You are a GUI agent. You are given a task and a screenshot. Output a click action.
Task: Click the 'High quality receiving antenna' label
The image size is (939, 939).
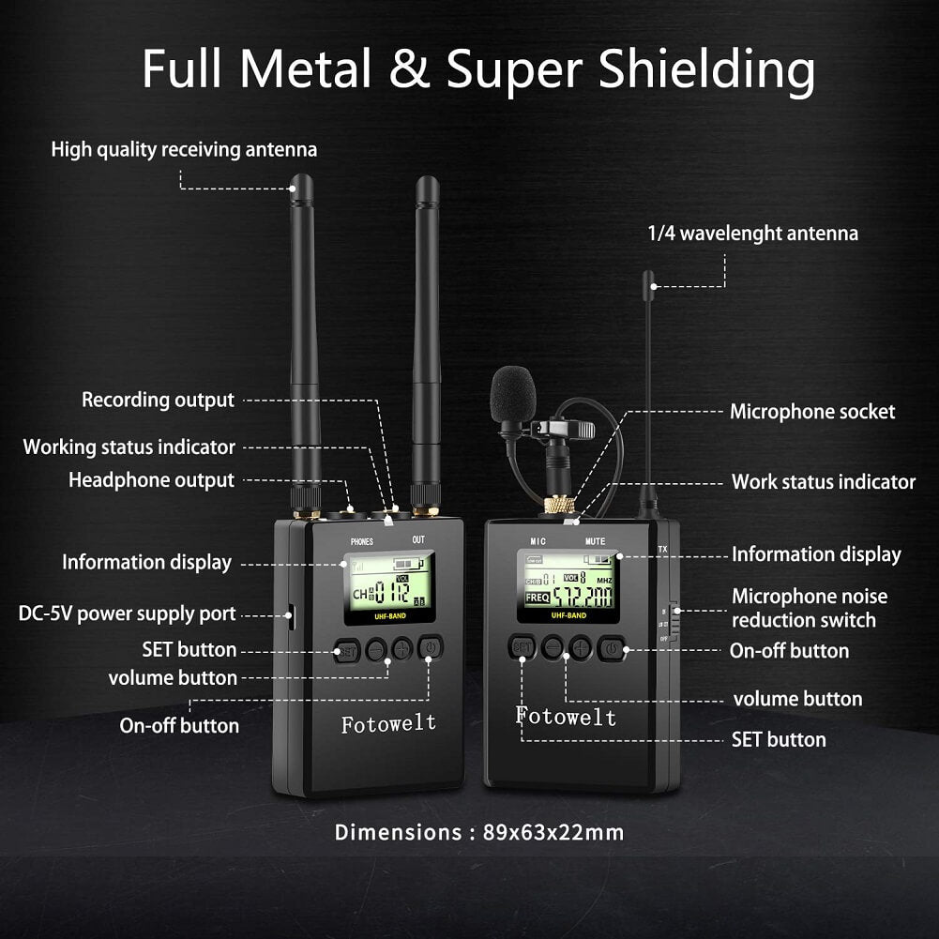coord(184,149)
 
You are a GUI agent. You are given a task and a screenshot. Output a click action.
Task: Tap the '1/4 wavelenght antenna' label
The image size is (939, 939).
coord(752,233)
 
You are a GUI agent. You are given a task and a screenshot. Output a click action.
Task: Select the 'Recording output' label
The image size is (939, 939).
coord(158,400)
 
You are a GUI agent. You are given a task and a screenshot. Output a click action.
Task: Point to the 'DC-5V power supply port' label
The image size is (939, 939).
coord(128,614)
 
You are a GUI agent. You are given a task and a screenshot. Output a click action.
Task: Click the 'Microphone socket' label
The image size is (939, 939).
coord(812,411)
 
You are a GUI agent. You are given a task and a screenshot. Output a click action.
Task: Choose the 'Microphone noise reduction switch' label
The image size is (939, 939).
coord(809,608)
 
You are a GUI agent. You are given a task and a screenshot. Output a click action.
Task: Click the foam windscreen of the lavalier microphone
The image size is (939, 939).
coord(512,394)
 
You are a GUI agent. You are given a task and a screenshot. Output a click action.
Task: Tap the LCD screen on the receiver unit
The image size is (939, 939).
coord(388,588)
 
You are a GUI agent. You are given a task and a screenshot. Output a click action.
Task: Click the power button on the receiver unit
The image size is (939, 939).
coord(430,648)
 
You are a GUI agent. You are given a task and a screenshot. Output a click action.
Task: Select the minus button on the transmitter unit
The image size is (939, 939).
coord(553,646)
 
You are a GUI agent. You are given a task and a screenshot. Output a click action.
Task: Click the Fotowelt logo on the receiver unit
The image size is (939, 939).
coord(388,723)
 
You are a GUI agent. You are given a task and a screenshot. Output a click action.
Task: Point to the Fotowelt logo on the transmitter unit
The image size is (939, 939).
coord(566,718)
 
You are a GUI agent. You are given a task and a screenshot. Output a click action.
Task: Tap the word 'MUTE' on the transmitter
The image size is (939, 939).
coord(596,541)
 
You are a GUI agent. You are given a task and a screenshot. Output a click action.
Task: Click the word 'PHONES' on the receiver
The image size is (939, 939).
coord(362,541)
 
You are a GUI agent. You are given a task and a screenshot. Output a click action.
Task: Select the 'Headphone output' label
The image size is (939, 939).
coord(151,480)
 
